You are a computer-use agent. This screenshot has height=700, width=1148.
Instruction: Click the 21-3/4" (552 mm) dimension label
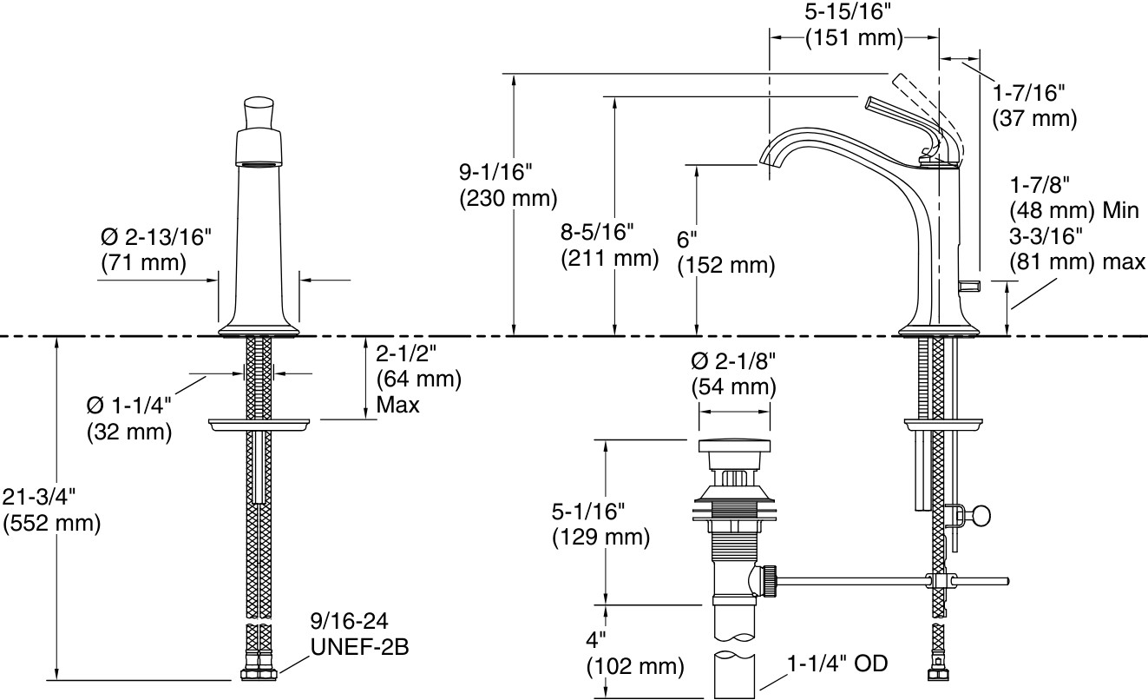52,510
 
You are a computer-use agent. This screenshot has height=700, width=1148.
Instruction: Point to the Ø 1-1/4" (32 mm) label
128,417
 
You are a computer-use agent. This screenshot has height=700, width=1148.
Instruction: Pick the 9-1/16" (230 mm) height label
507,185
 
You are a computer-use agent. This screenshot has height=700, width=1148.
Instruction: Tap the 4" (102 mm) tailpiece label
634,654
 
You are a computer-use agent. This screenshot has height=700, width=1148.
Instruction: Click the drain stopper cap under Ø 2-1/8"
733,451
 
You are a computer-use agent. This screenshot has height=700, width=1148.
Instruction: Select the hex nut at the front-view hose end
258,674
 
